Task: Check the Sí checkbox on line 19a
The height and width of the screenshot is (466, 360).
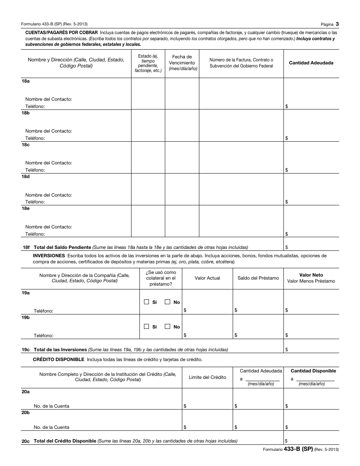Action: pos(146,302)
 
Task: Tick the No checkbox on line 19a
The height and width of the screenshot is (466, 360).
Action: pos(167,302)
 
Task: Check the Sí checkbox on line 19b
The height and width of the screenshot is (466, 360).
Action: pos(146,327)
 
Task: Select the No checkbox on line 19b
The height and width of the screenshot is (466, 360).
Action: pos(167,327)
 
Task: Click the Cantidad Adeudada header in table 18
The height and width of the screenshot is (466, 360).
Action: pos(311,63)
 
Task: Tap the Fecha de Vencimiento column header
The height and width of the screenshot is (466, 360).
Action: pos(182,63)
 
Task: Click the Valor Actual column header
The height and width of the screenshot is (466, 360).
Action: pos(207,278)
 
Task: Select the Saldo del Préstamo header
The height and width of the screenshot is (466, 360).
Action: pos(258,278)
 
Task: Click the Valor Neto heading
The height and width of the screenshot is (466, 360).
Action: pos(311,275)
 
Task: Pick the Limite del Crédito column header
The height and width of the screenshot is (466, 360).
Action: pos(207,377)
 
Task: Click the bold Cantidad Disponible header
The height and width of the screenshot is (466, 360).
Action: pos(313,371)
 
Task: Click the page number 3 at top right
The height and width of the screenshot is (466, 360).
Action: pos(337,24)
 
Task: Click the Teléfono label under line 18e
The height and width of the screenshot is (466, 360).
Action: pos(35,234)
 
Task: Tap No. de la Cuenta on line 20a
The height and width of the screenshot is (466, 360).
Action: pos(51,406)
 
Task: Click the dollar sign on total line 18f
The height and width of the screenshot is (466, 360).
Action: pos(286,247)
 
